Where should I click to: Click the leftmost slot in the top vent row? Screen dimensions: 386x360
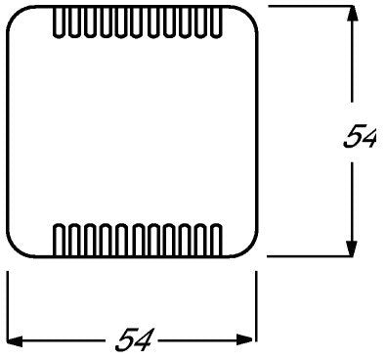coord(59,22)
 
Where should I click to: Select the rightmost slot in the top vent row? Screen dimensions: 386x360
coord(217,22)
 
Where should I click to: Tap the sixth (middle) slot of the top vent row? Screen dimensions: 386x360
coord(138,22)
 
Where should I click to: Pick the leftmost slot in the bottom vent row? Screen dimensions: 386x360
coord(59,241)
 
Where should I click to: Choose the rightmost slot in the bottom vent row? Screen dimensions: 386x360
coord(217,241)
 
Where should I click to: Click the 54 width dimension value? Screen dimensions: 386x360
coord(134,340)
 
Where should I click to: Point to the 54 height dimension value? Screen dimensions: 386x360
coord(360,138)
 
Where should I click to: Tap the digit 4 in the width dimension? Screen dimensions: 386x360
coord(144,340)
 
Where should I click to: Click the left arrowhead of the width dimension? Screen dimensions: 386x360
coord(15,341)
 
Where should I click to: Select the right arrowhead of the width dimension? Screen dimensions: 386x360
coord(245,340)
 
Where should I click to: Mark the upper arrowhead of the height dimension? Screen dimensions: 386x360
coord(352,14)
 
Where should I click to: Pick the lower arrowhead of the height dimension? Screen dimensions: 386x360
coord(352,248)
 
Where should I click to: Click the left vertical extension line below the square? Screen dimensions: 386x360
coord(7,306)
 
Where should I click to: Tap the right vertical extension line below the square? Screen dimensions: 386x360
coord(256,306)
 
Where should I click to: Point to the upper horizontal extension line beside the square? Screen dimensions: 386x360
coord(310,6)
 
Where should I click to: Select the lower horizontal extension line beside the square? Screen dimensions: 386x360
coord(310,256)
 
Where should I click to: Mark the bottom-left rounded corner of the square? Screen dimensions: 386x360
coord(14,250)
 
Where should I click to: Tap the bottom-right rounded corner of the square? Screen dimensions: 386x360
coord(250,250)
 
